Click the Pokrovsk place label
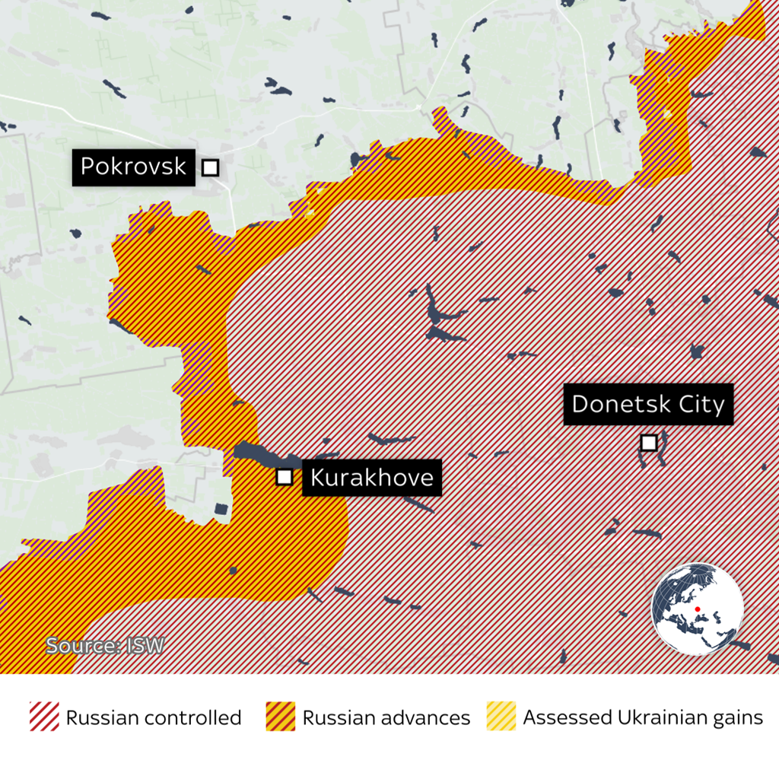[x=132, y=167]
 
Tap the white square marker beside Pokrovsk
[x=211, y=167]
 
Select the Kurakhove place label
[x=372, y=478]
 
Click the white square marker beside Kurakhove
[x=285, y=477]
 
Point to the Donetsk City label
[x=648, y=404]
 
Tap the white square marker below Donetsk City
[x=649, y=442]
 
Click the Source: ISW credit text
[x=104, y=646]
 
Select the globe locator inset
[x=697, y=609]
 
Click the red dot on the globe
[x=698, y=609]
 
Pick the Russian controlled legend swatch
[x=44, y=717]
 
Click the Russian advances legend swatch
[x=281, y=717]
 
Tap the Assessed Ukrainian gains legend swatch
[x=501, y=717]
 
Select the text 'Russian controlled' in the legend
[x=154, y=717]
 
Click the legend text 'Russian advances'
[x=386, y=717]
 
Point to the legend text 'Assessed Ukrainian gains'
[x=643, y=717]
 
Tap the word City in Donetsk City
[x=702, y=404]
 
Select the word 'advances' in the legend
[x=428, y=717]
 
